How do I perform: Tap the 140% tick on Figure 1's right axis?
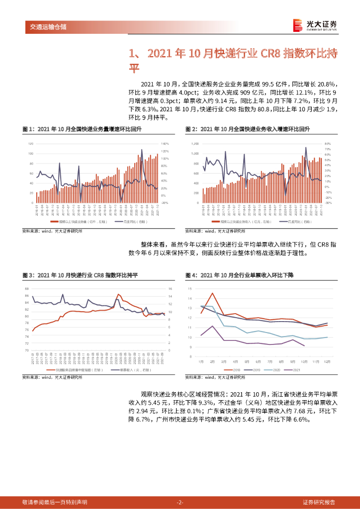coord(165,144)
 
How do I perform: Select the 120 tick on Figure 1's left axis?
coord(30,144)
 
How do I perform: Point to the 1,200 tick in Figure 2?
coord(194,144)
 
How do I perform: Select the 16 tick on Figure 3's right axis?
coord(170,289)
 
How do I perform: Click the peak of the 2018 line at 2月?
coord(212,293)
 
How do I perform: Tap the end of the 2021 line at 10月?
coord(304,346)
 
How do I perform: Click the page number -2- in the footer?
coord(180,502)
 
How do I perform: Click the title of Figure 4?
coord(240,275)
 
